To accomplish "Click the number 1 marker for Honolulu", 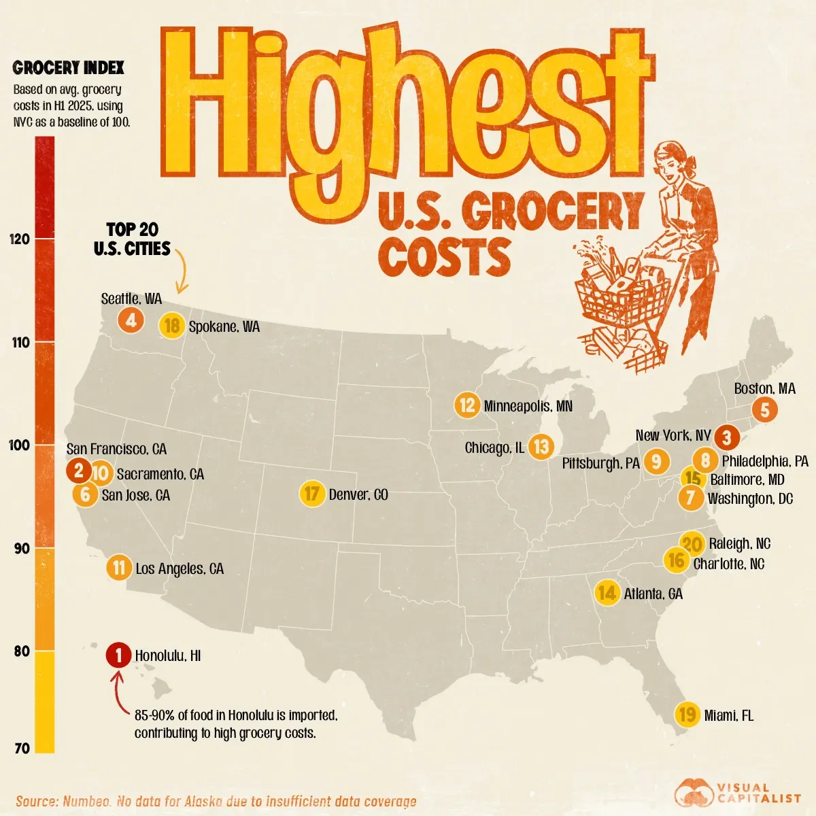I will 119,656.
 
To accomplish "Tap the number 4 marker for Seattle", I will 131,319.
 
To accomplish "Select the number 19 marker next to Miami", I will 687,715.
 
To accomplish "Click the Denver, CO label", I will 358,494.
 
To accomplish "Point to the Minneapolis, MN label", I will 528,406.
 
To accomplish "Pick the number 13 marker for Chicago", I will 541,447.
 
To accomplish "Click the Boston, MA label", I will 764,389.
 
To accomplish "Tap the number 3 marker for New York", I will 726,437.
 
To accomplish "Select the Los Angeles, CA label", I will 180,568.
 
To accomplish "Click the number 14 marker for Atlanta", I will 607,593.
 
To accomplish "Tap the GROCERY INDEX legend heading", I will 69,67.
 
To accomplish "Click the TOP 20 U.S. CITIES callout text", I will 132,239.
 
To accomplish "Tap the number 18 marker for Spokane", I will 172,326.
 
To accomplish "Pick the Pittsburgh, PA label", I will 600,463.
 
